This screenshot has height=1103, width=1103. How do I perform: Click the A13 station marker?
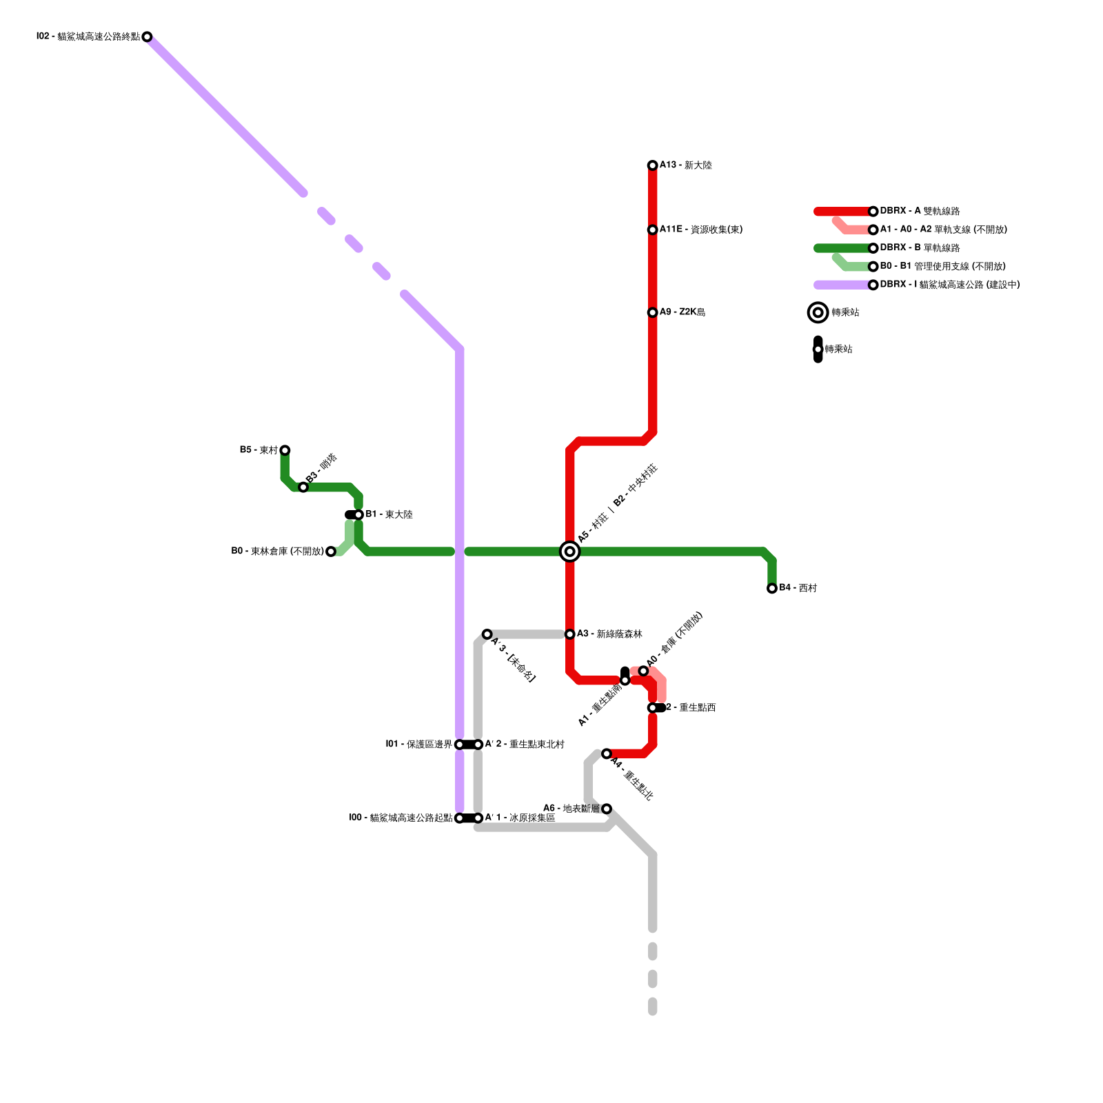click(652, 165)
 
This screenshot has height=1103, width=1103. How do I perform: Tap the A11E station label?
click(700, 230)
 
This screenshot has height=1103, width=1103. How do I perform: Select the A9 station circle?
click(652, 312)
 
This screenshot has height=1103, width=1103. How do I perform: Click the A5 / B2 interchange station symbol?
click(569, 551)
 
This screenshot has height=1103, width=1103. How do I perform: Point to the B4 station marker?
click(772, 588)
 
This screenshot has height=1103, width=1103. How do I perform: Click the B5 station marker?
click(285, 450)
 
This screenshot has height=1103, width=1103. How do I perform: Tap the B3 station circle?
click(303, 487)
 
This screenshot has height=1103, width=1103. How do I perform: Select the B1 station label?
click(389, 514)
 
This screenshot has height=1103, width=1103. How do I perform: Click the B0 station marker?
click(331, 551)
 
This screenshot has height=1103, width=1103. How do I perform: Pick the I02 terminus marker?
click(147, 37)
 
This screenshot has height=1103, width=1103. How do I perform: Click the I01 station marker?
click(459, 745)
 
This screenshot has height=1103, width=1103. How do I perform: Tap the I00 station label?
click(401, 818)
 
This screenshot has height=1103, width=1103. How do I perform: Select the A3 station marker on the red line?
click(569, 634)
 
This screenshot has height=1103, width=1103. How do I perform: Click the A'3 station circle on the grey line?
click(487, 634)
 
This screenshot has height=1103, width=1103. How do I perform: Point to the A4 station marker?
click(607, 753)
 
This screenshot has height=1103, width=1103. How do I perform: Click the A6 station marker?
click(607, 809)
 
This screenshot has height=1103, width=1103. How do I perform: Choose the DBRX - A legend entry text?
click(920, 211)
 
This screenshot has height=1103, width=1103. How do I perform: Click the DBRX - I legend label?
click(949, 285)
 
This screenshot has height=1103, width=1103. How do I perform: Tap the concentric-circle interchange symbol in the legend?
click(818, 312)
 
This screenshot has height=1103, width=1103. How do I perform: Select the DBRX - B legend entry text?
click(920, 247)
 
